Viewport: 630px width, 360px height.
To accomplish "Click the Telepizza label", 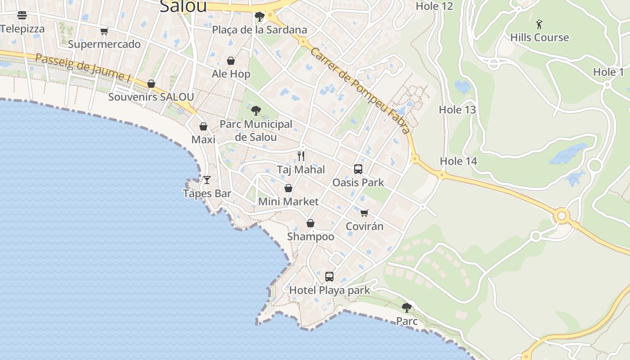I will [x=22, y=29].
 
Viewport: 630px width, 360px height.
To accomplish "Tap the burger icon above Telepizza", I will [x=22, y=15].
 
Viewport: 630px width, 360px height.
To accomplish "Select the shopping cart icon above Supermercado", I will [x=104, y=31].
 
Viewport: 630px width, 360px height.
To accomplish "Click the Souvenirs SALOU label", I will [x=151, y=97].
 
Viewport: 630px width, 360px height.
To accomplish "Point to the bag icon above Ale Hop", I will [x=231, y=61].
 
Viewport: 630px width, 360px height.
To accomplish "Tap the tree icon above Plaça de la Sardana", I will [x=259, y=17].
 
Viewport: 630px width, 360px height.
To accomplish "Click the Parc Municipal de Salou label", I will [x=256, y=130].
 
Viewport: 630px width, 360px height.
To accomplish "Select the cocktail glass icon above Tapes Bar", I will [x=207, y=180].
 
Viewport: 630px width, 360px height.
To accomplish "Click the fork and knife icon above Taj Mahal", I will [x=301, y=156].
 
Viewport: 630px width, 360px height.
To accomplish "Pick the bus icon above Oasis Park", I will [x=358, y=169].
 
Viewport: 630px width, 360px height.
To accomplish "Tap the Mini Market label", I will [x=288, y=202].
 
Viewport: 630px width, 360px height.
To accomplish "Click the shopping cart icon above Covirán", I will [x=364, y=213].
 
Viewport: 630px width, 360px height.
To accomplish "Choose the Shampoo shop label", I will [x=310, y=237].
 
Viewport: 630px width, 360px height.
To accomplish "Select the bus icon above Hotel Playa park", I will [x=329, y=277].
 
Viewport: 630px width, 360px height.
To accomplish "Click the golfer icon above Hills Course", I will [x=539, y=24].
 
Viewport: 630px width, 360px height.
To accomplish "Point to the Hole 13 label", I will [x=457, y=110].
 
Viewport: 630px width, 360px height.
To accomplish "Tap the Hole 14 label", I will [x=458, y=161].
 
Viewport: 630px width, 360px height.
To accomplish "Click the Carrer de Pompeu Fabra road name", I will [x=360, y=90].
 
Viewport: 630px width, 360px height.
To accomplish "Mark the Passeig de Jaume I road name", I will [x=83, y=68].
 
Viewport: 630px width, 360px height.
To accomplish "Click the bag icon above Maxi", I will [x=203, y=126].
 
